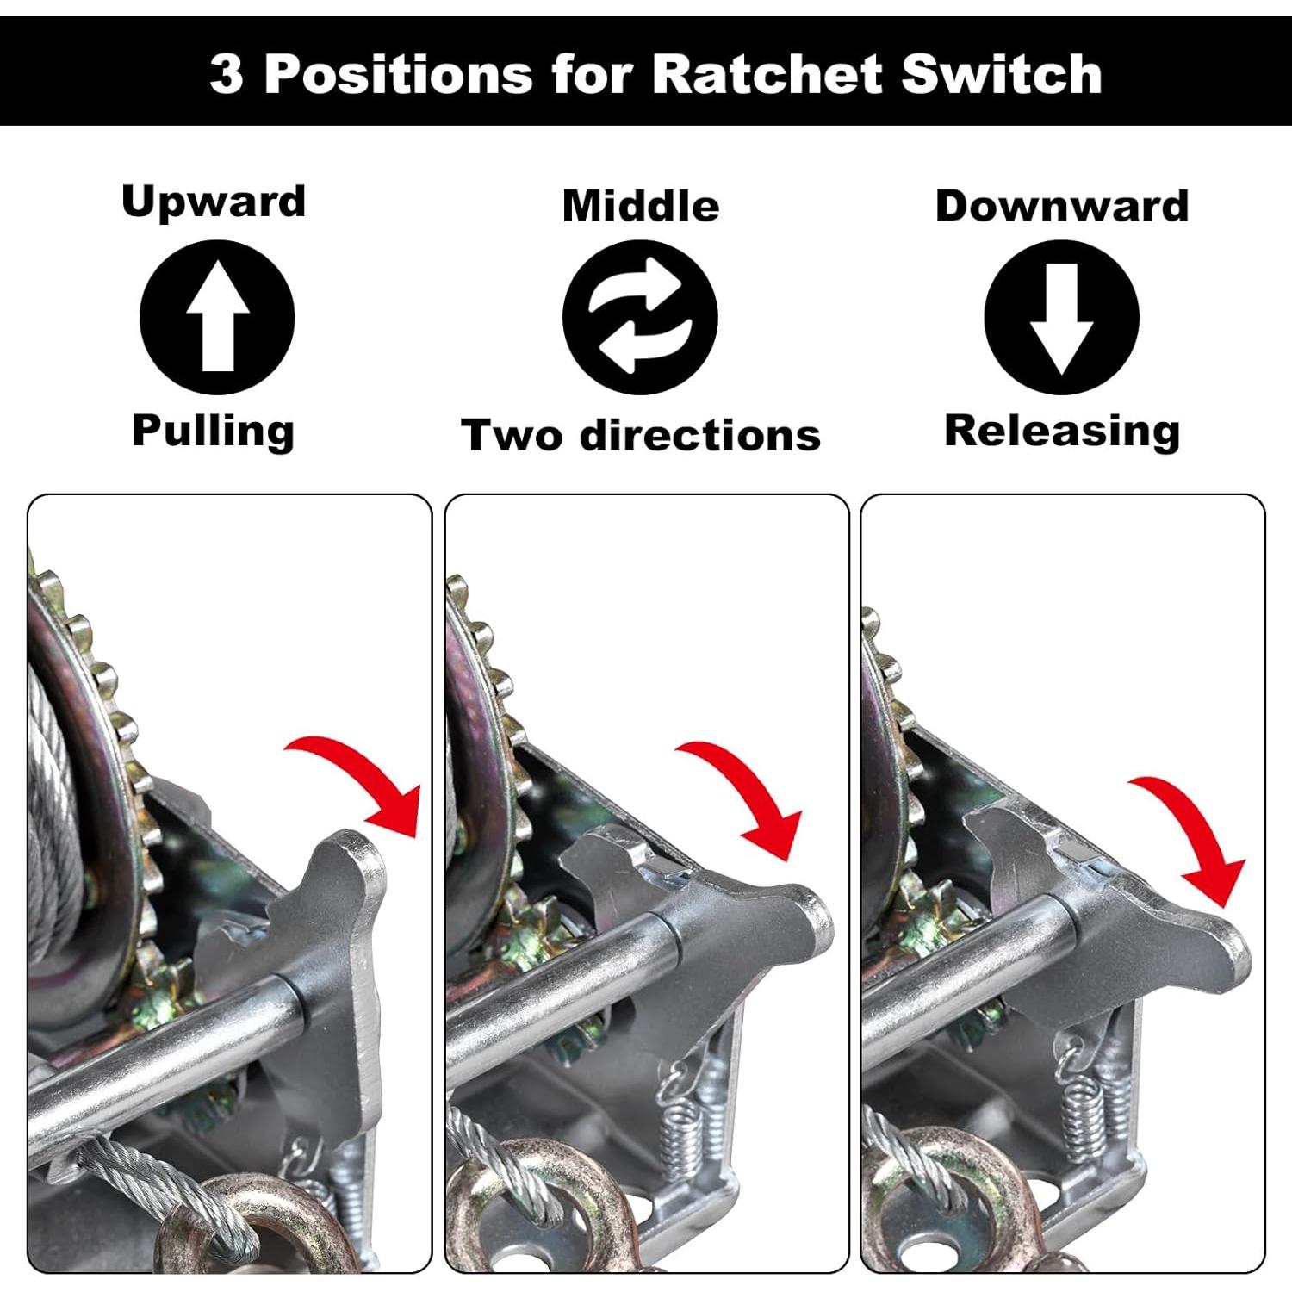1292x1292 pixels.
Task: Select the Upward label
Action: click(x=214, y=202)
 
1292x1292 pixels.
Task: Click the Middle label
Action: click(x=640, y=206)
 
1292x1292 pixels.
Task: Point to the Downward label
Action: click(x=1061, y=206)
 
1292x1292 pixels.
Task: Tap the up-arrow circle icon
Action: click(x=217, y=318)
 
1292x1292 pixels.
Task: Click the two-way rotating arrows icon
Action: click(x=640, y=318)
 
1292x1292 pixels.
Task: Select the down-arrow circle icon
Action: click(x=1061, y=318)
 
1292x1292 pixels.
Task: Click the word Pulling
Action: click(x=213, y=430)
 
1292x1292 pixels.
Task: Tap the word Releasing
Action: click(x=1061, y=430)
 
